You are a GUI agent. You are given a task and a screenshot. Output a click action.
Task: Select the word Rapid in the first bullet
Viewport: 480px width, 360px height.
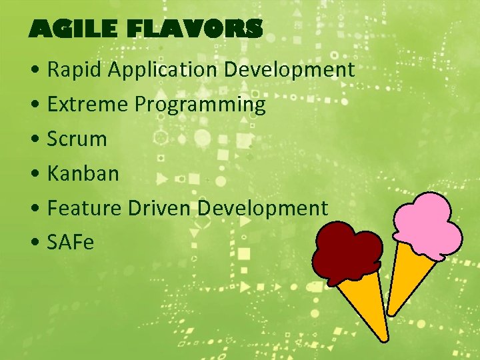(x=73, y=70)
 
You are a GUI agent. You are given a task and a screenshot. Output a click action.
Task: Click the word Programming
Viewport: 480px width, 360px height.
(x=200, y=105)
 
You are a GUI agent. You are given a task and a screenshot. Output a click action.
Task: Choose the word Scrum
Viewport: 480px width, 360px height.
(x=77, y=139)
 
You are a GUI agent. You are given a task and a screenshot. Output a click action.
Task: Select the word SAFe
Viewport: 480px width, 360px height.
(x=71, y=243)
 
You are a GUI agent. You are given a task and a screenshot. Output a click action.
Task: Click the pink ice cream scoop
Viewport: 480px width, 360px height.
(x=427, y=220)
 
